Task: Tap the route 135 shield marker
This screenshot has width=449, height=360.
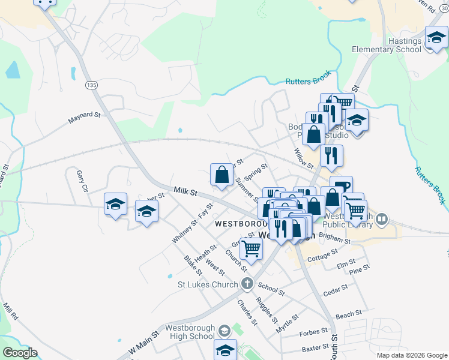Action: [x=91, y=86]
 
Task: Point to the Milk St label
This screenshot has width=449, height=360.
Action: [x=185, y=191]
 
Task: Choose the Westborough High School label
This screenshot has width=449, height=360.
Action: [x=189, y=332]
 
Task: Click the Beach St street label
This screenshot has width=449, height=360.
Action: [x=349, y=314]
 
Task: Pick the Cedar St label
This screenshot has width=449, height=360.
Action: [x=336, y=290]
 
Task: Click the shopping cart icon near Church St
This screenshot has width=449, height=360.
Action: [x=252, y=247]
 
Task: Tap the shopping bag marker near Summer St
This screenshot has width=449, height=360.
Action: [x=222, y=175]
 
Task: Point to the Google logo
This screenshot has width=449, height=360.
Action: [x=20, y=352]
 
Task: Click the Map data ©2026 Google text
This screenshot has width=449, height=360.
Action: [x=411, y=355]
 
